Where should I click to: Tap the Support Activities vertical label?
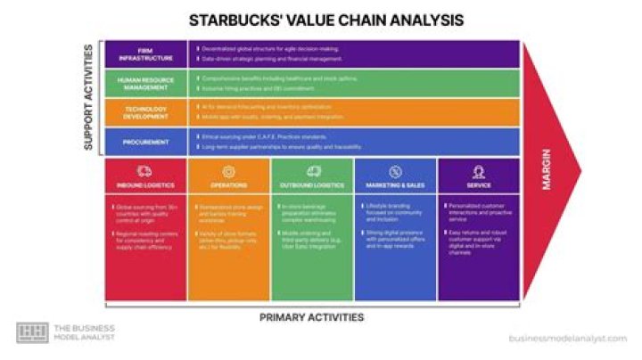(89, 97)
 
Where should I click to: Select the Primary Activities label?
(311, 317)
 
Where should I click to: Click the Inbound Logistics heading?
(146, 185)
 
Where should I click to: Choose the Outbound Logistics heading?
(312, 185)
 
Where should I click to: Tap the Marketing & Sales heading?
(395, 185)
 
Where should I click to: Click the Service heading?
(478, 185)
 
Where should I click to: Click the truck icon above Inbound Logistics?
(146, 171)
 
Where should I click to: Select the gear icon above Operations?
(229, 171)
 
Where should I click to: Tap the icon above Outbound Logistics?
(312, 171)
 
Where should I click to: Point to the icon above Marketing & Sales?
(395, 171)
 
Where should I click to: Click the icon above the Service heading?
(478, 171)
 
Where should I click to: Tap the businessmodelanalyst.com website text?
(568, 338)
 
